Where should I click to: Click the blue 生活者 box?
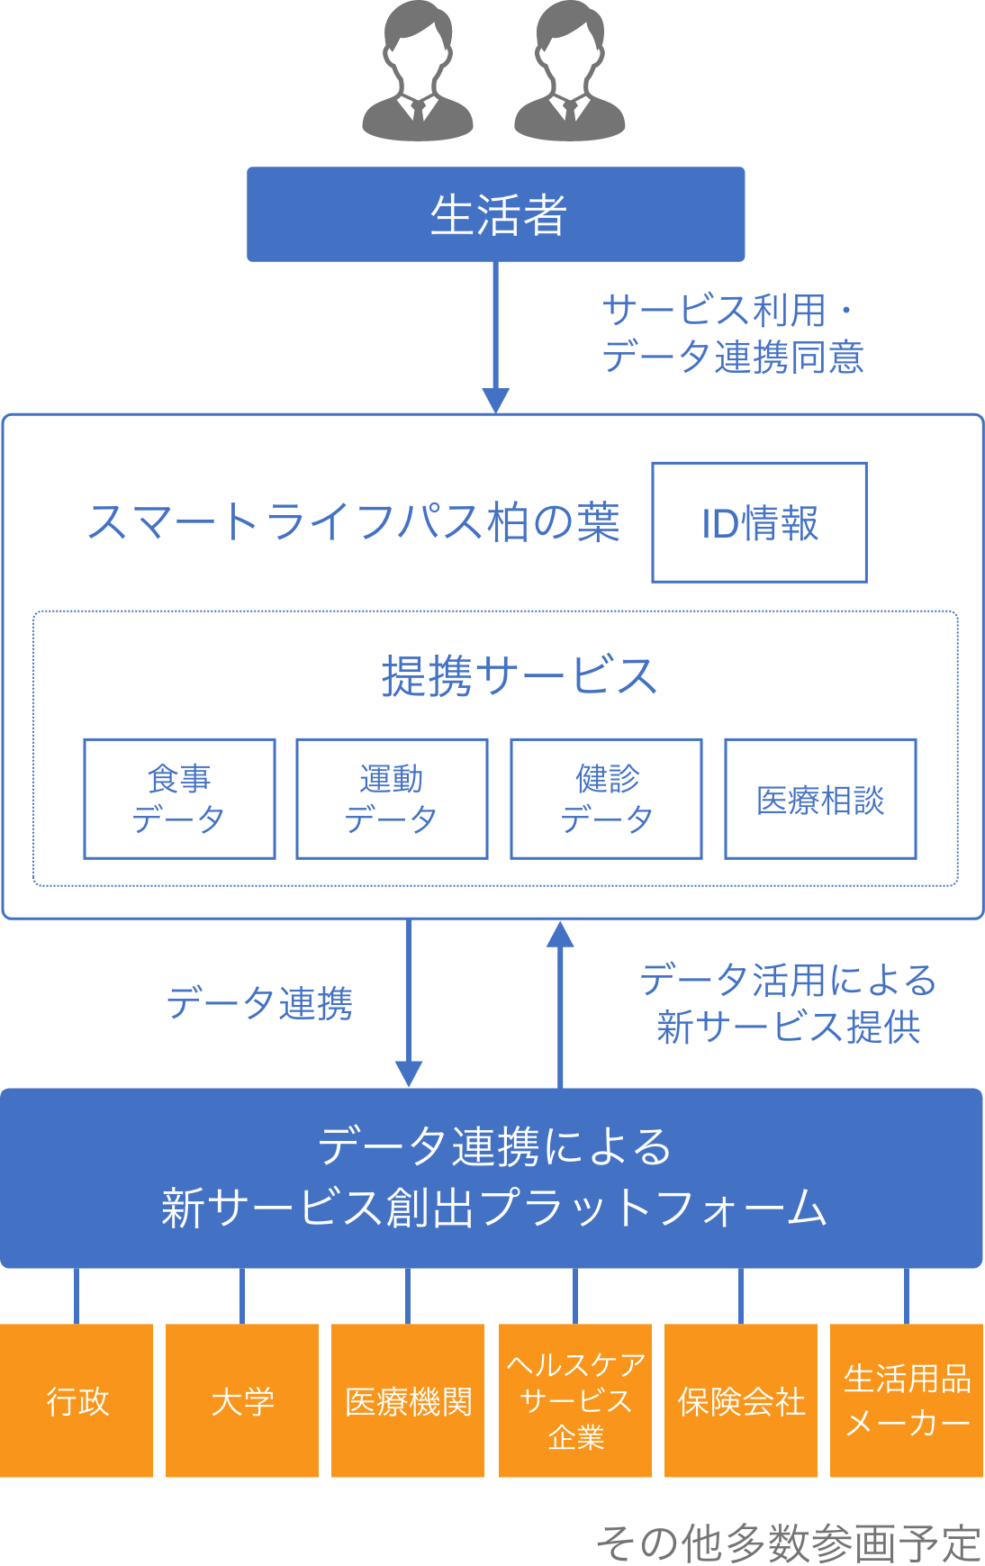click(x=495, y=214)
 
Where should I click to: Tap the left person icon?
click(x=417, y=72)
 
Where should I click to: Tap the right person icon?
click(x=569, y=72)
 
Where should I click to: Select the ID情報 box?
click(x=759, y=522)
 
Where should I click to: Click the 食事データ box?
click(x=179, y=799)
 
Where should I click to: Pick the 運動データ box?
click(x=392, y=799)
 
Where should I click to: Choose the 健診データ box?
click(x=606, y=799)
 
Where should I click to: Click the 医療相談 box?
click(x=820, y=799)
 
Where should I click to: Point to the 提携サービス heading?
click(x=519, y=675)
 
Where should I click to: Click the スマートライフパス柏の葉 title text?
click(x=354, y=522)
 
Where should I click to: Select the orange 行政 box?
click(x=77, y=1400)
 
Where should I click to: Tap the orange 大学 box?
click(x=242, y=1400)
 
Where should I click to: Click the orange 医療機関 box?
click(x=408, y=1400)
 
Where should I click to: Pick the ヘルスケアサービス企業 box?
click(x=575, y=1400)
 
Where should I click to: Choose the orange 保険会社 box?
click(x=741, y=1400)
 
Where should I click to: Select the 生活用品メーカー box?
click(x=907, y=1400)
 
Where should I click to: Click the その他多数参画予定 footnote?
click(x=788, y=1543)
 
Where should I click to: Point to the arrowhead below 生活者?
click(x=495, y=400)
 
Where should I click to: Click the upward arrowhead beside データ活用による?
click(x=560, y=935)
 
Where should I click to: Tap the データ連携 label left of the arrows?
click(x=259, y=1003)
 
